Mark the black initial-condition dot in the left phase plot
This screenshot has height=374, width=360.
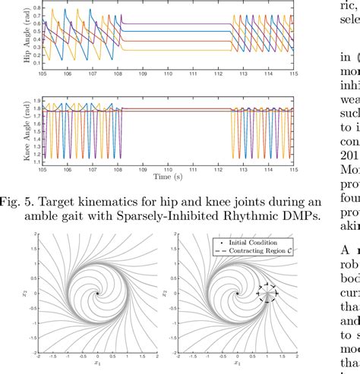pos(96,293)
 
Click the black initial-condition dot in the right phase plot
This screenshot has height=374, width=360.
pos(237,293)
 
